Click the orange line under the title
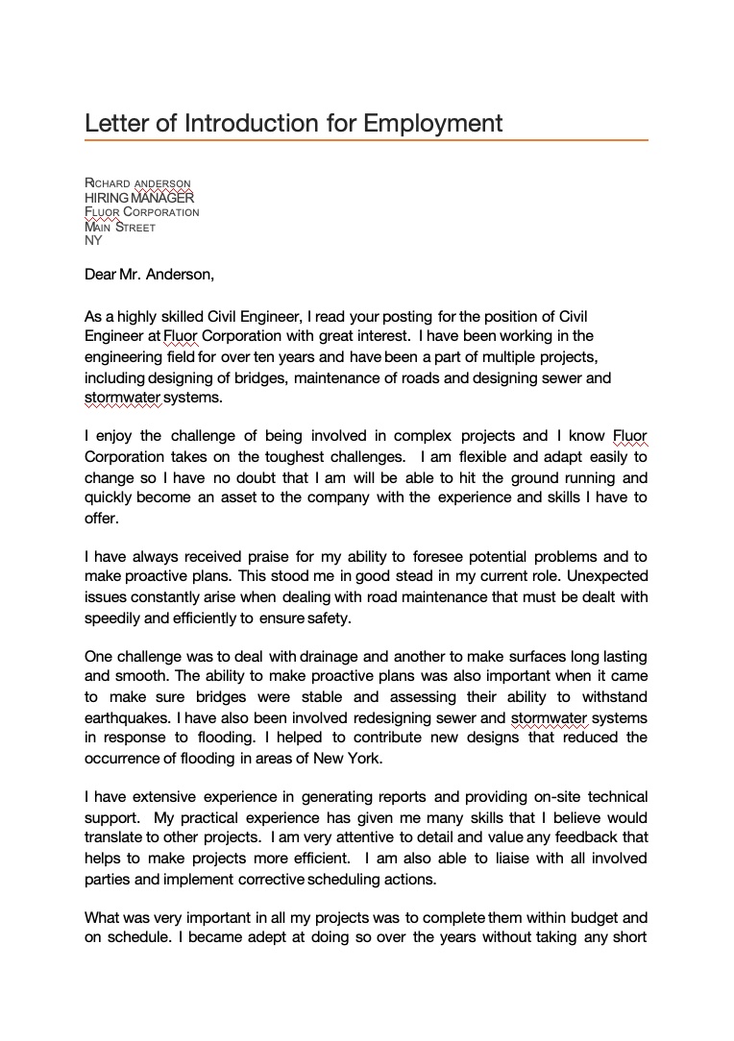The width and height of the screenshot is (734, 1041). pyautogui.click(x=366, y=140)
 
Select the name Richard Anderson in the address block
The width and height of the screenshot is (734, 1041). pyautogui.click(x=137, y=183)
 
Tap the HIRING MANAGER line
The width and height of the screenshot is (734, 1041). pyautogui.click(x=139, y=198)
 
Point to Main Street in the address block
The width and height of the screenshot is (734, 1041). pyautogui.click(x=120, y=228)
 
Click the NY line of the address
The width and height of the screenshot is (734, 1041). pyautogui.click(x=93, y=241)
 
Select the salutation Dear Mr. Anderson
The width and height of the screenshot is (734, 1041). pyautogui.click(x=149, y=275)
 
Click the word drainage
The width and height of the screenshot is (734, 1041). pyautogui.click(x=329, y=657)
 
